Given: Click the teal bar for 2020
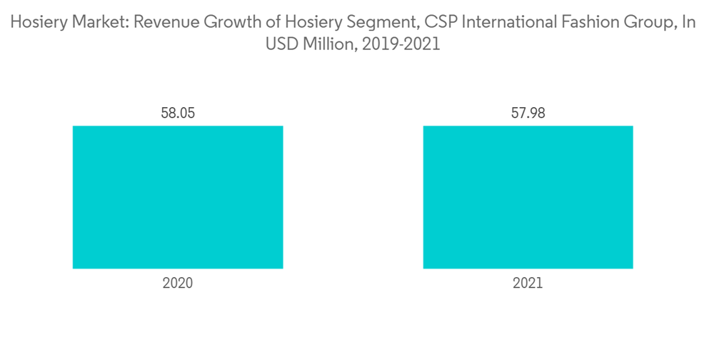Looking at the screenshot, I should pyautogui.click(x=178, y=197).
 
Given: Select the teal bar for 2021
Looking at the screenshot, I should pyautogui.click(x=528, y=197).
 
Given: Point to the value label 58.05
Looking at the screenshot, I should pyautogui.click(x=178, y=113).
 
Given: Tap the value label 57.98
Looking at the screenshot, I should pyautogui.click(x=528, y=113).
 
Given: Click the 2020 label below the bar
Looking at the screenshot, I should pyautogui.click(x=178, y=283).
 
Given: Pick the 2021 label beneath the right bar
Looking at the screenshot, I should pyautogui.click(x=528, y=283).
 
